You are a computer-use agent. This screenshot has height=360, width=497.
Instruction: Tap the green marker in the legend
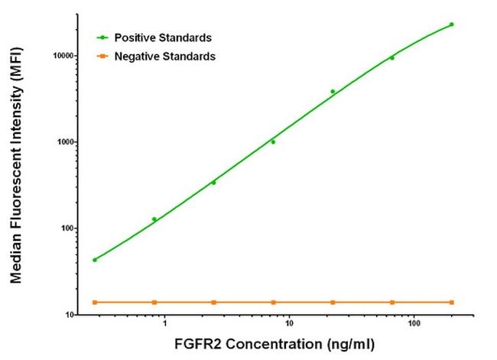(x=101, y=37)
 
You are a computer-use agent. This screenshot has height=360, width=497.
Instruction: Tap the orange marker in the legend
(x=101, y=56)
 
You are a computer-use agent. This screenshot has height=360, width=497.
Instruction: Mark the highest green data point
(x=451, y=24)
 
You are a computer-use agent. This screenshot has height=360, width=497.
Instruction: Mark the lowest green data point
(x=95, y=260)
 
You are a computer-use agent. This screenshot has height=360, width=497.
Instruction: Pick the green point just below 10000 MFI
(x=392, y=58)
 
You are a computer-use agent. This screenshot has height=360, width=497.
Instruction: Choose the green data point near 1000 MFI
(x=273, y=142)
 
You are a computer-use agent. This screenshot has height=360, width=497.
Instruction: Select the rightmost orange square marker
(x=451, y=303)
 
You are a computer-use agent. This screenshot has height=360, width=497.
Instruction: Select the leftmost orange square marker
(x=95, y=303)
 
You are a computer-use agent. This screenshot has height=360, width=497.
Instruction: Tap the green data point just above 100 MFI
(x=154, y=219)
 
